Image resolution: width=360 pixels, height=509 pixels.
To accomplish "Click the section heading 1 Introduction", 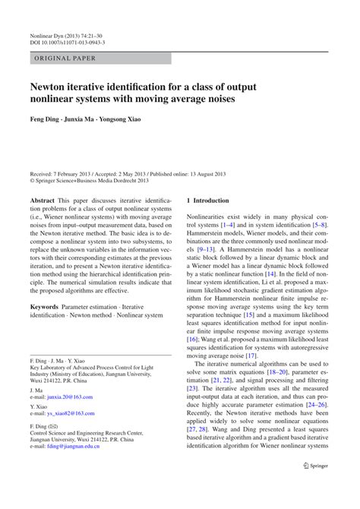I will pos(207,201).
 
